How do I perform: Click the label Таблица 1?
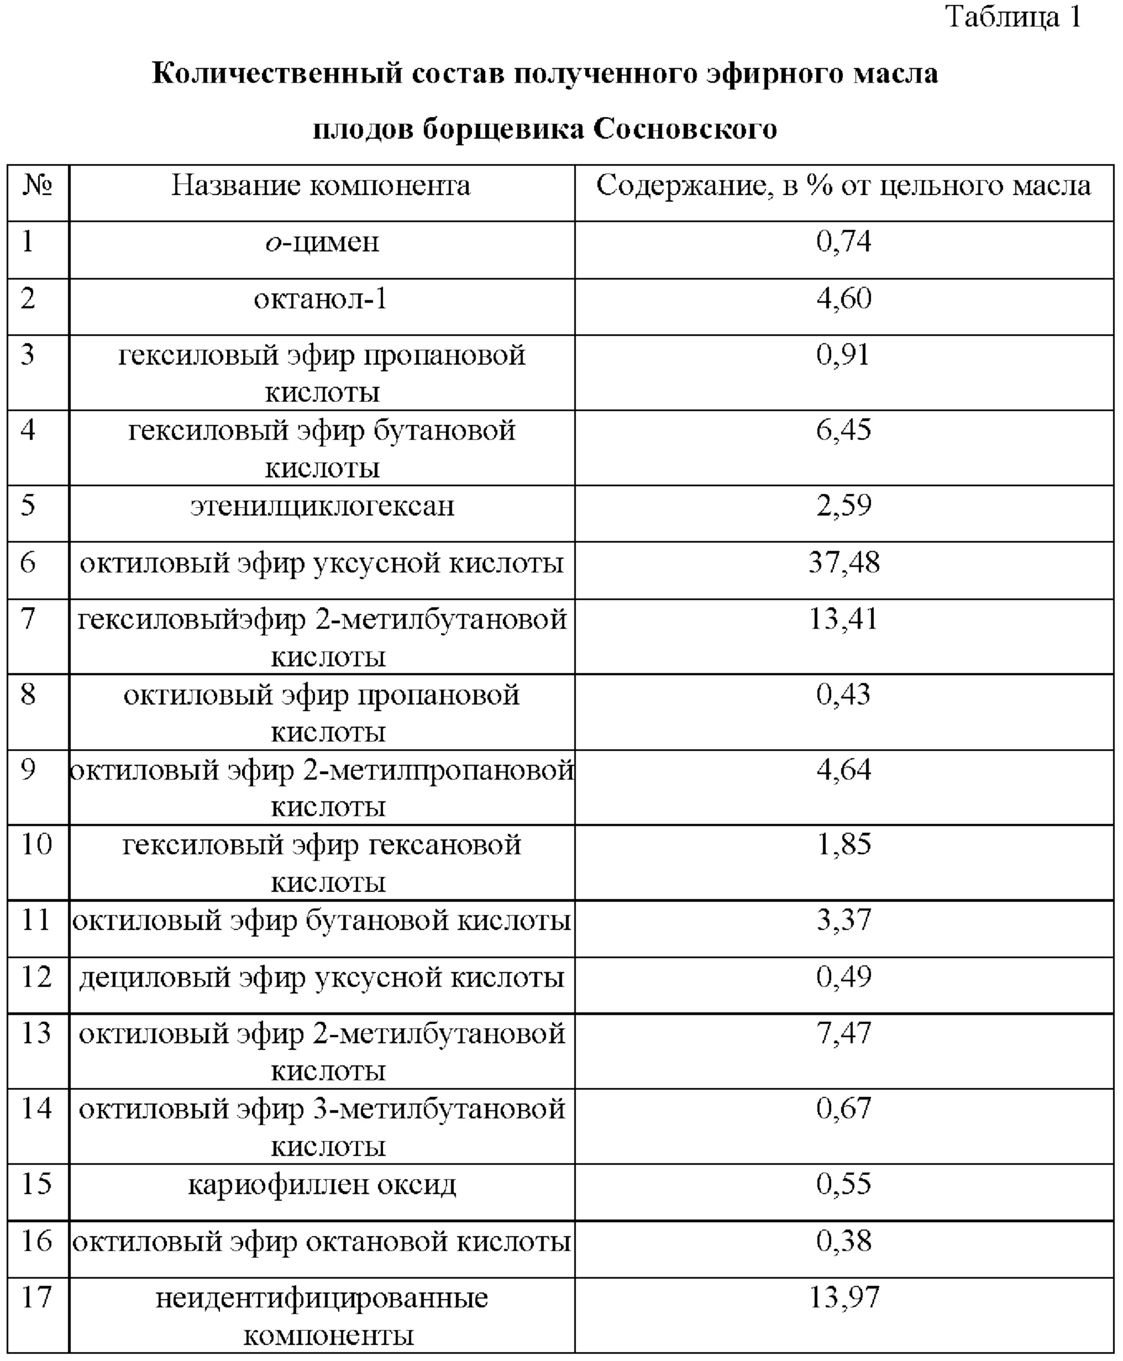(1013, 17)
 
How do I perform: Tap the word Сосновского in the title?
(685, 128)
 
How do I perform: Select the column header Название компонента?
(321, 186)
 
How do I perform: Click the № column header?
(37, 186)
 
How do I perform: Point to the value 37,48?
(844, 562)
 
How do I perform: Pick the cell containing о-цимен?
(322, 243)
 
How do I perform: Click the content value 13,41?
(844, 619)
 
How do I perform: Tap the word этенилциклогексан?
(322, 506)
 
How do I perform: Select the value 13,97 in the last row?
(844, 1297)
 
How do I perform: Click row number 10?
(37, 844)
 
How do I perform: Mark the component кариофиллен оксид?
(322, 1184)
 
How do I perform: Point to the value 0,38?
(844, 1241)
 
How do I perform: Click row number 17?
(37, 1297)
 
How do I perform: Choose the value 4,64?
(844, 770)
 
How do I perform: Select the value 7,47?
(844, 1033)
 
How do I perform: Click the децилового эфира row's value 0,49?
(844, 977)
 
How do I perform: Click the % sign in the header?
(820, 186)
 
